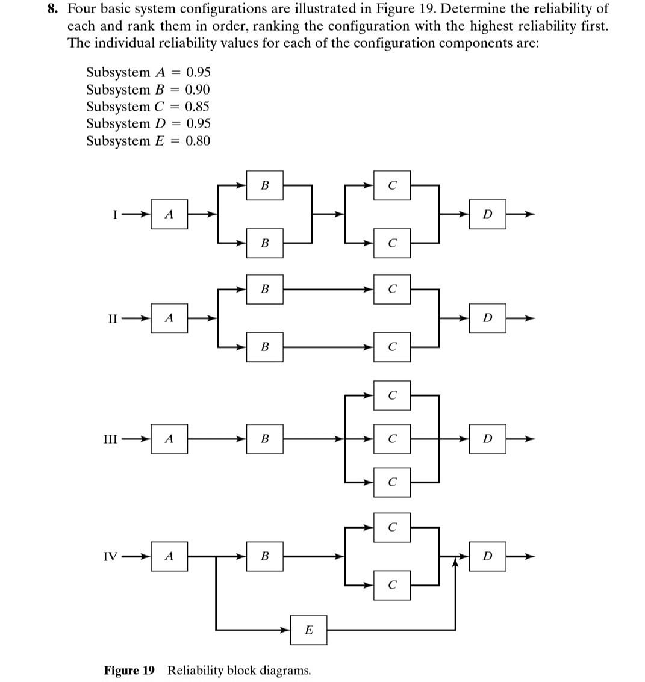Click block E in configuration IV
pos(308,630)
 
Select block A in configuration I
pos(169,214)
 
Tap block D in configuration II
pos(487,318)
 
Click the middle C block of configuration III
pos(391,439)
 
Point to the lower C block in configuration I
pos(391,243)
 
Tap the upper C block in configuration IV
pos(391,527)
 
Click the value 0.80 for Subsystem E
pos(198,141)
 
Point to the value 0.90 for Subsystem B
pos(198,90)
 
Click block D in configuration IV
pos(487,556)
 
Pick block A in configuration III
pos(169,439)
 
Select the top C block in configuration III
pos(391,395)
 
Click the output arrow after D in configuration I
pos(520,214)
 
